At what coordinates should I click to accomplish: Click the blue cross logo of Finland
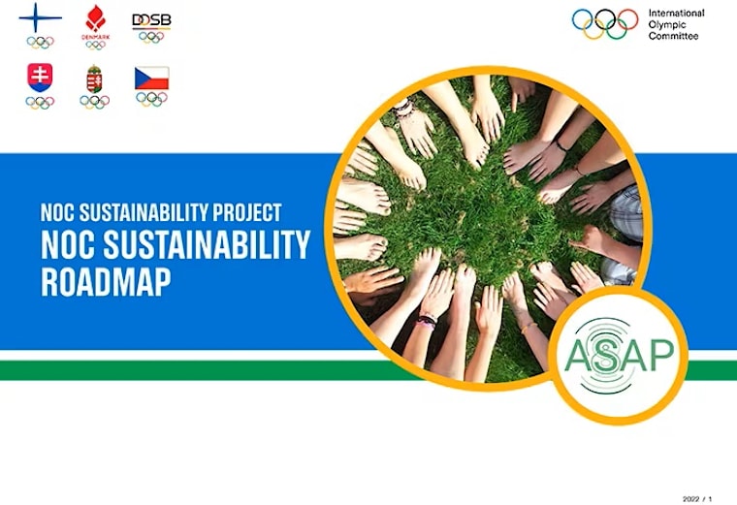coord(40,18)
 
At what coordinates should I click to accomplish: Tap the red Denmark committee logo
coord(95,19)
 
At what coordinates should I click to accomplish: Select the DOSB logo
coord(151,20)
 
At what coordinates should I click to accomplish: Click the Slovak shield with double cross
coord(40,78)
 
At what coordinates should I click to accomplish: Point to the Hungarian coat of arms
coord(95,79)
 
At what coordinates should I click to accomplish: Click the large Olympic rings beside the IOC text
coord(605,24)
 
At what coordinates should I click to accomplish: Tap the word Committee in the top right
coord(672,36)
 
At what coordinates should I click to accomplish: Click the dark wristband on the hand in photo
coord(427,319)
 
